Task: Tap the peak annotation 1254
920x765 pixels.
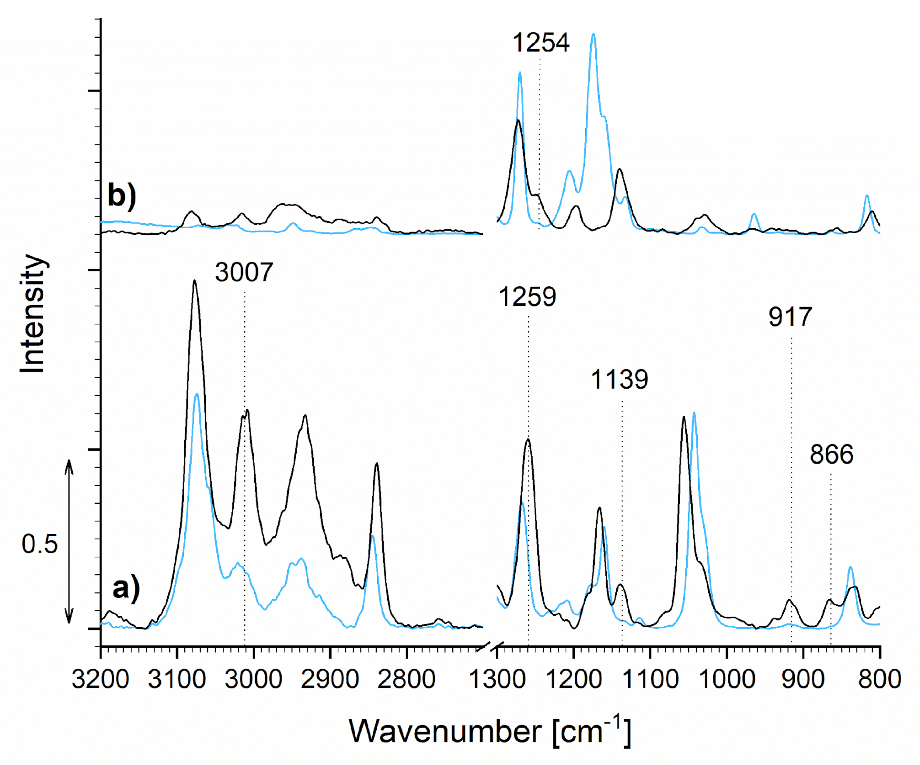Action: (x=541, y=43)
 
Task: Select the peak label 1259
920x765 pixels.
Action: (x=528, y=297)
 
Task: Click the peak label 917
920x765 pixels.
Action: (x=790, y=317)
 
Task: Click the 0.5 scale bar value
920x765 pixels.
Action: (x=40, y=544)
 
